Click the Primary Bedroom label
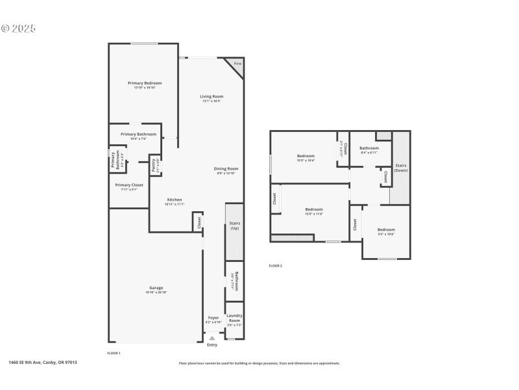(x=145, y=83)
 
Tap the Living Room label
(x=211, y=96)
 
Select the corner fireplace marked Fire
(x=237, y=64)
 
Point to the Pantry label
(x=154, y=165)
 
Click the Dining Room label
(x=226, y=169)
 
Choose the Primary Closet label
(x=129, y=185)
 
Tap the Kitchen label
(x=175, y=200)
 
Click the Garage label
(x=156, y=287)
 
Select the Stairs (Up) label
(x=235, y=226)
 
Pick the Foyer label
(x=213, y=318)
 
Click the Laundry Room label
(x=234, y=318)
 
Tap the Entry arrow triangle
(x=211, y=338)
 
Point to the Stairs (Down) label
(x=401, y=170)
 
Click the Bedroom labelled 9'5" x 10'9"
(x=386, y=229)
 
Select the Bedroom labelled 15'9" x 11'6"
(x=314, y=209)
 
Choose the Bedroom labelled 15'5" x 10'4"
(x=306, y=156)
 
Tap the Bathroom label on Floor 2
(x=369, y=148)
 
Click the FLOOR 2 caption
(x=276, y=266)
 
